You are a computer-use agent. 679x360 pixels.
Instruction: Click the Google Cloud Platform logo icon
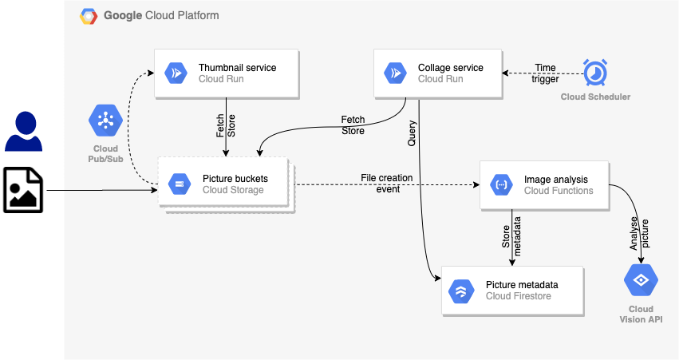point(89,15)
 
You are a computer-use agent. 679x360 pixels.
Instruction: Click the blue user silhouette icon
point(24,132)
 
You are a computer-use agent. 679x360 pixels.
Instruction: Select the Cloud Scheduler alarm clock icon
point(595,73)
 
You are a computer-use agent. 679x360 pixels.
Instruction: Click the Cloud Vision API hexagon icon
point(640,281)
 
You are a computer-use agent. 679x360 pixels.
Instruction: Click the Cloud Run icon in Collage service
point(394,73)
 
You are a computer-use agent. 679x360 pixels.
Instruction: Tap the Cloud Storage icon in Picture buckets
point(179,184)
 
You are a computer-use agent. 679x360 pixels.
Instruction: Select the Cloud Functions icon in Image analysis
point(500,185)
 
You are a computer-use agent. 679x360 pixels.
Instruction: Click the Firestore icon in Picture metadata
point(461,291)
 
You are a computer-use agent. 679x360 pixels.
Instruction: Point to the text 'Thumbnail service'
point(238,68)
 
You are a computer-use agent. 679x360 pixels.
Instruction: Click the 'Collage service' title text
point(451,68)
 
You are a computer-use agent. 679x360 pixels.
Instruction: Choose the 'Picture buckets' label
point(235,178)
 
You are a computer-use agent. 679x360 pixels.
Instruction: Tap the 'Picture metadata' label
point(522,285)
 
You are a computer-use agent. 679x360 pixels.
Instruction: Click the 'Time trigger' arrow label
point(546,73)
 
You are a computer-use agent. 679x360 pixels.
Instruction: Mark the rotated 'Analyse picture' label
point(640,235)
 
